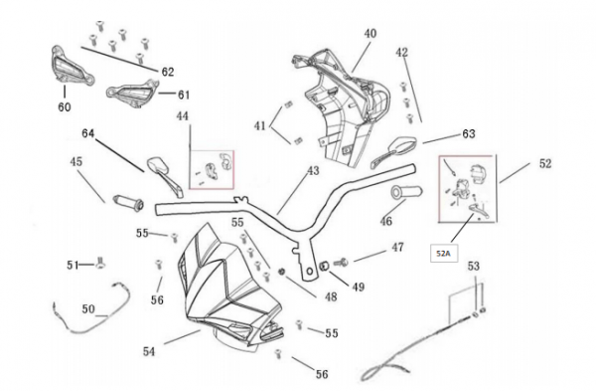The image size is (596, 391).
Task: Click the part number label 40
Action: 371,34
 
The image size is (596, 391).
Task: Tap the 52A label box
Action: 444,254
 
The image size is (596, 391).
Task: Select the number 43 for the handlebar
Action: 313,171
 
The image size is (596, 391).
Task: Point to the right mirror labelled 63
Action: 393,151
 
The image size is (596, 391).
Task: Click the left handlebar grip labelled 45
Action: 128,202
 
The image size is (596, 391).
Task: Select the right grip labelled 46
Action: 406,191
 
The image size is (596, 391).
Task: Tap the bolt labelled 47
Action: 341,263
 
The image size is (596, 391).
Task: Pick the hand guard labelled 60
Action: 72,67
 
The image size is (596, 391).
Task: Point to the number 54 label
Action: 149,351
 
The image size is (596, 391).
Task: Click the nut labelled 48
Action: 282,272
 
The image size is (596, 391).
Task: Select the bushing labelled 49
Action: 325,265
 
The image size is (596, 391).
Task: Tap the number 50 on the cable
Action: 88,308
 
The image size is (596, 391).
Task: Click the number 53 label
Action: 474,266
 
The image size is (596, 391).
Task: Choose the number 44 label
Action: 183,116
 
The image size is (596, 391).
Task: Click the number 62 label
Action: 168,72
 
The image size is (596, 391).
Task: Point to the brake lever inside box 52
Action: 479,211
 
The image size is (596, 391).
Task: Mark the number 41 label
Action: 260,125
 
